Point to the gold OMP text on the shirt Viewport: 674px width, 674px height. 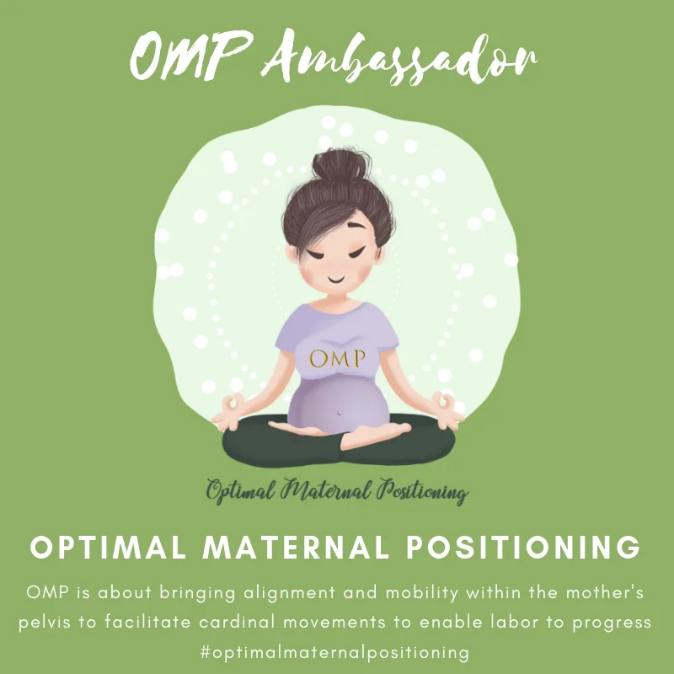[337, 358]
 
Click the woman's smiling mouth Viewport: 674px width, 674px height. [335, 275]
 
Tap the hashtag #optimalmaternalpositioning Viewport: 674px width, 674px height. [337, 652]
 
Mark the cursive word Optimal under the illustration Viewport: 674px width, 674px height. [237, 490]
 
